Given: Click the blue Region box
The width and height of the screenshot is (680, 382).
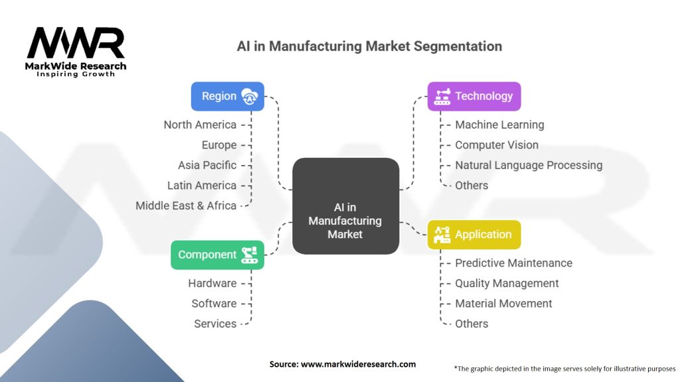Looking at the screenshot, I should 227,96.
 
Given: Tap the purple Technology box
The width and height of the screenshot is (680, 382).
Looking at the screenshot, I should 473,96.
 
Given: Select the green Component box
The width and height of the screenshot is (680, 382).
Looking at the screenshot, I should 217,255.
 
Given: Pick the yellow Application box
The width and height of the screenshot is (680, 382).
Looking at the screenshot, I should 473,234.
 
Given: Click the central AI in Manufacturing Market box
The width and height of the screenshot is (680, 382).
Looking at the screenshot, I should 345,206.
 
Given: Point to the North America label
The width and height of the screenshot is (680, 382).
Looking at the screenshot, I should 200,125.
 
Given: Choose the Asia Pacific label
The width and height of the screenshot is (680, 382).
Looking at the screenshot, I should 207,165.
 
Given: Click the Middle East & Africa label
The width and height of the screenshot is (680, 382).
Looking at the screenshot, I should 186,206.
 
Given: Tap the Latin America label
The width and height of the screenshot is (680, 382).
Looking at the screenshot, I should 202,185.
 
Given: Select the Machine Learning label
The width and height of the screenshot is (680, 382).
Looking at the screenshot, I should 499,125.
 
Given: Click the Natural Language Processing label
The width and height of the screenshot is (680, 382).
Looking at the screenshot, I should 529,165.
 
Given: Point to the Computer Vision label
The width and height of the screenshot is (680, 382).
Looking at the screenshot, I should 497,145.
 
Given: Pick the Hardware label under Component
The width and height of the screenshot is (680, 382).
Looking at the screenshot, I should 212,283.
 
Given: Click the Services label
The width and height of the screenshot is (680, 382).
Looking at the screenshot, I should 215,324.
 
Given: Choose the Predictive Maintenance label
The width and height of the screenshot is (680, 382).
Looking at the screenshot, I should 513,263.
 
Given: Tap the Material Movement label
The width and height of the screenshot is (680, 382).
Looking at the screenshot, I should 503,303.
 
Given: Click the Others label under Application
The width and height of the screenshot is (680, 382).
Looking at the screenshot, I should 471,324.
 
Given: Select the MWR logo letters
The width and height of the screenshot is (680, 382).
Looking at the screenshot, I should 76,44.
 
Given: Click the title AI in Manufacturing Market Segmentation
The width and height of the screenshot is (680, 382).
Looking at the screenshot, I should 369,46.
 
